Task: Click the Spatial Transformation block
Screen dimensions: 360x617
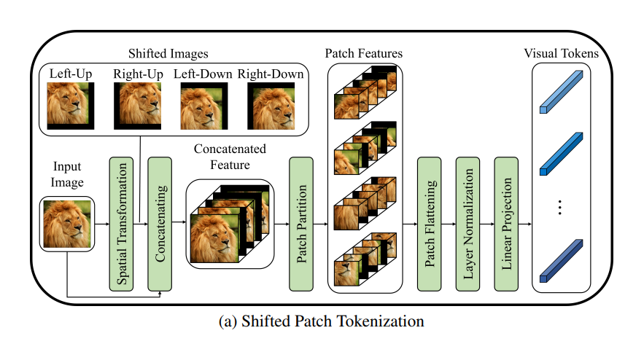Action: (x=121, y=223)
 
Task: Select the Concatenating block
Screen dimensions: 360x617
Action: (x=159, y=223)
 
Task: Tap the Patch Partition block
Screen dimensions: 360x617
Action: (x=301, y=223)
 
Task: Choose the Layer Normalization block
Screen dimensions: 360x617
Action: (x=468, y=223)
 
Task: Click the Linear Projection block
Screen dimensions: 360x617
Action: (x=506, y=223)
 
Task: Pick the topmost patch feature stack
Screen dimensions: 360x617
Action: (x=365, y=92)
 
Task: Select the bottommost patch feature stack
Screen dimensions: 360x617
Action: (x=365, y=259)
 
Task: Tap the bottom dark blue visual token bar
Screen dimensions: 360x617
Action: (x=562, y=260)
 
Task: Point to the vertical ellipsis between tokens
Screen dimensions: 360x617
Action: (x=561, y=208)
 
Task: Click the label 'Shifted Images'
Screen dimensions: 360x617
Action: (x=170, y=53)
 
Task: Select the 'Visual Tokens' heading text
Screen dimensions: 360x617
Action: (x=561, y=53)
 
